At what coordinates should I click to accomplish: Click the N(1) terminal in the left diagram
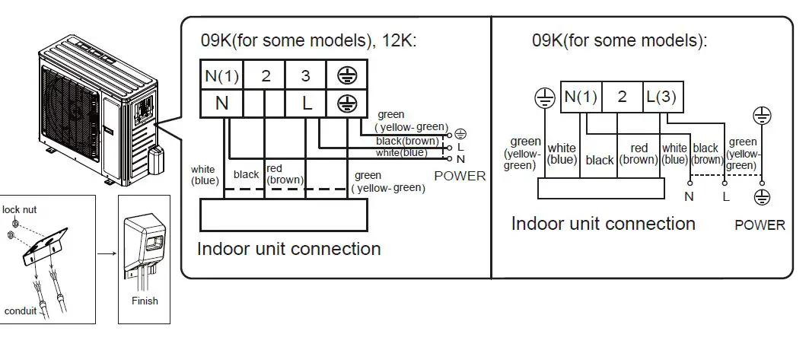click(x=221, y=75)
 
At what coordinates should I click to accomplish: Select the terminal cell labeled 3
click(x=305, y=75)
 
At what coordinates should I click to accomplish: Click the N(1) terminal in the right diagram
click(x=581, y=97)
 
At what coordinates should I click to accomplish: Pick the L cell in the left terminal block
click(x=306, y=104)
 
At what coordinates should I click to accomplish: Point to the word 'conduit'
click(x=21, y=311)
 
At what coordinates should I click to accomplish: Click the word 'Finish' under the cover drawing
click(x=145, y=301)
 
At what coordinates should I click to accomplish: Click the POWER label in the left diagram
click(x=459, y=176)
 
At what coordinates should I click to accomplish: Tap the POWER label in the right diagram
click(x=760, y=225)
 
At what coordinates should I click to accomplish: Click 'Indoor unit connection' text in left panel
click(x=288, y=249)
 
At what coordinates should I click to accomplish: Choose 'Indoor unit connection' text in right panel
click(x=603, y=224)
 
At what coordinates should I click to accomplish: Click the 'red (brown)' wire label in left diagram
click(x=284, y=174)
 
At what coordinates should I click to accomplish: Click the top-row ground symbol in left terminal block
click(x=346, y=75)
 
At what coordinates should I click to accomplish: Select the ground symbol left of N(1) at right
click(x=543, y=97)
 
